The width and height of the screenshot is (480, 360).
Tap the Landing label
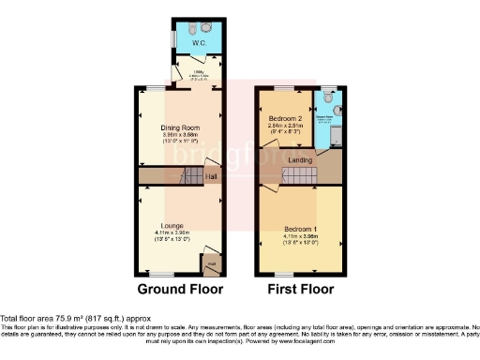pos(300,160)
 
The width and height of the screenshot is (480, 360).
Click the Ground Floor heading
pos(179,290)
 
